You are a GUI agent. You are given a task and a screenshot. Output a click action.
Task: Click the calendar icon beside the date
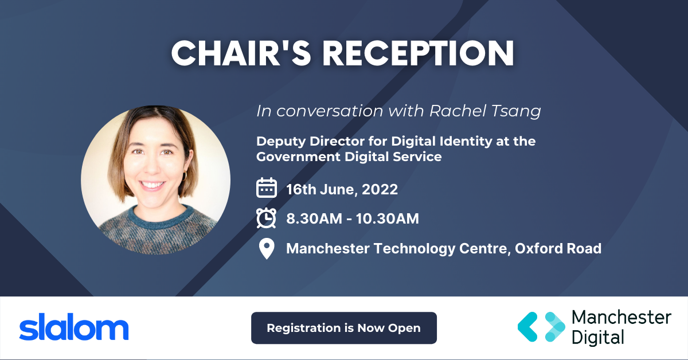click(266, 188)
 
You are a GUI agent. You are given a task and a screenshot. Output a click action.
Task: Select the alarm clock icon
click(266, 218)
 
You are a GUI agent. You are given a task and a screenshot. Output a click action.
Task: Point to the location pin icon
click(266, 249)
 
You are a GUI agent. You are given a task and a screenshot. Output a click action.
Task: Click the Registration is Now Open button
click(344, 328)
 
